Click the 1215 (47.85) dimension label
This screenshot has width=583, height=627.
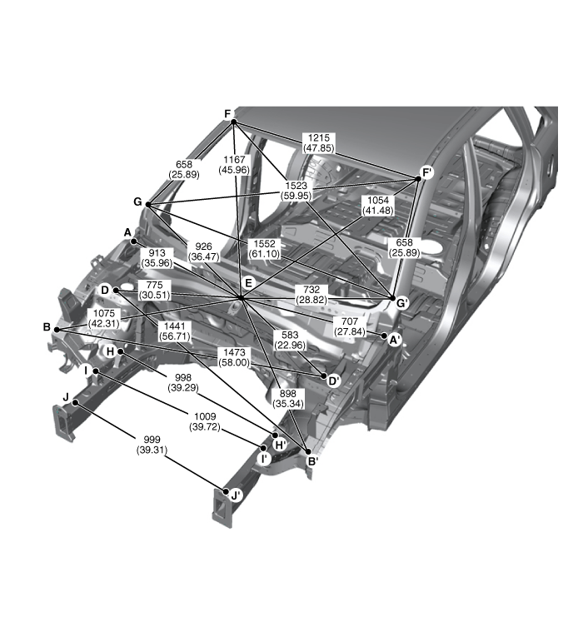click(x=319, y=142)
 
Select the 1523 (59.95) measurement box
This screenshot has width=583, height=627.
click(x=296, y=191)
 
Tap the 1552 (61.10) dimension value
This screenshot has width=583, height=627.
click(x=264, y=249)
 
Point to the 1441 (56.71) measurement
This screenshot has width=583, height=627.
click(x=174, y=332)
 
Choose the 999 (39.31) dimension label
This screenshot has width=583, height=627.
click(x=152, y=445)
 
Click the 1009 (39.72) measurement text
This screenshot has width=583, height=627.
click(x=205, y=421)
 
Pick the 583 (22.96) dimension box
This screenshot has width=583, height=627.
click(x=290, y=340)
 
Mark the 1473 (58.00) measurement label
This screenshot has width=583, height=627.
click(x=234, y=357)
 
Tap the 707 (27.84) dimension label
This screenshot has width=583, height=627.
click(x=350, y=326)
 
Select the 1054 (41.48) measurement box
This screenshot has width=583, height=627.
click(x=378, y=205)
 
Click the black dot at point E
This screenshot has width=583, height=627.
click(x=241, y=297)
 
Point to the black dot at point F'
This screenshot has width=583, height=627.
click(x=419, y=179)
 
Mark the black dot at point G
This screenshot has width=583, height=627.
click(x=148, y=204)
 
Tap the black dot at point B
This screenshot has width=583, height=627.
click(x=57, y=330)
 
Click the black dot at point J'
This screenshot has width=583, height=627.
click(x=226, y=491)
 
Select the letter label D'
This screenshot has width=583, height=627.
click(x=334, y=381)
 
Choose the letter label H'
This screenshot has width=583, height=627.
click(x=281, y=445)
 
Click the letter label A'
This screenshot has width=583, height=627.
click(x=395, y=341)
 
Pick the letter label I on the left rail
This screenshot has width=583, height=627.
click(x=86, y=371)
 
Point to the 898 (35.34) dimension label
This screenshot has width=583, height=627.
click(x=288, y=399)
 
